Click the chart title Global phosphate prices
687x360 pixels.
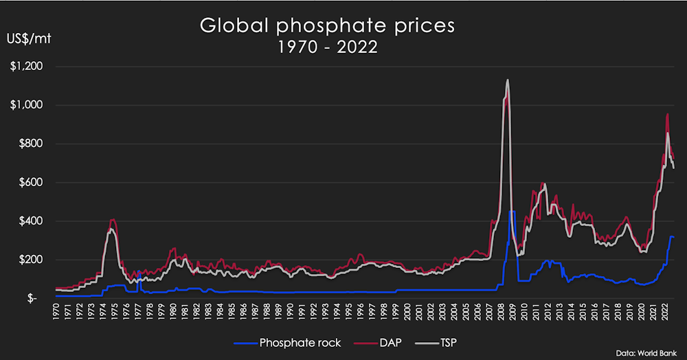point(327,26)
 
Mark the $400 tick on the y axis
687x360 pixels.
point(30,221)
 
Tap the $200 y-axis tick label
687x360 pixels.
point(30,260)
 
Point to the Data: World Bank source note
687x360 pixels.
point(645,352)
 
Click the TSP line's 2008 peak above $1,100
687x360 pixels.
point(507,80)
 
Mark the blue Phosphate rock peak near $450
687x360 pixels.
point(511,212)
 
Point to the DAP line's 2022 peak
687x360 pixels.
point(667,114)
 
